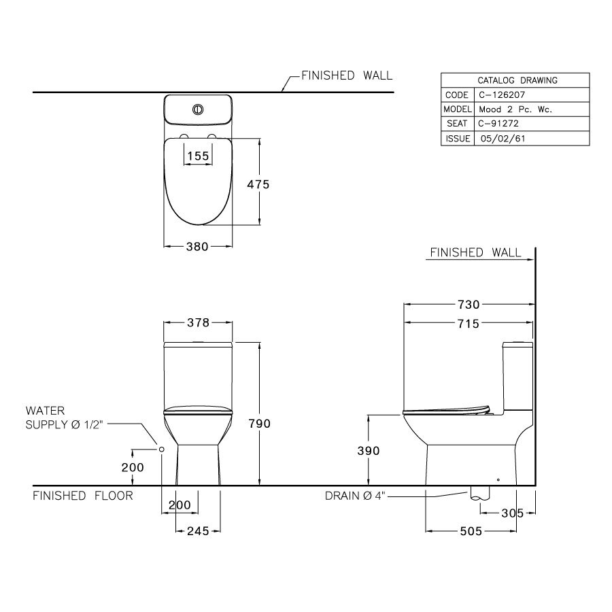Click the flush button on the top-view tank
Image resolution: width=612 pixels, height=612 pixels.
(199, 109)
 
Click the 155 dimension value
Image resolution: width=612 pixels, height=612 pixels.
(197, 156)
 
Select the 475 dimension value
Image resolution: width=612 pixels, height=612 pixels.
(258, 184)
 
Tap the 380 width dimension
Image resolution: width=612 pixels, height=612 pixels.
(197, 247)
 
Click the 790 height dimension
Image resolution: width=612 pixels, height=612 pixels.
(259, 423)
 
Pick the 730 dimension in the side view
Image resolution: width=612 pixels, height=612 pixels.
(469, 304)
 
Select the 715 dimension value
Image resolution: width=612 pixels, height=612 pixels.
(469, 324)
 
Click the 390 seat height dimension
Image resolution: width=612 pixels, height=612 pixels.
(367, 450)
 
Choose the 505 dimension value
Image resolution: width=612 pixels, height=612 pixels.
(469, 531)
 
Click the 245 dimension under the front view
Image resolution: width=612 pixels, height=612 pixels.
(197, 531)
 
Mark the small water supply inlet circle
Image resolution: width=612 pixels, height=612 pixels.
(162, 449)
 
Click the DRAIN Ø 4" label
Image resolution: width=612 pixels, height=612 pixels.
(355, 496)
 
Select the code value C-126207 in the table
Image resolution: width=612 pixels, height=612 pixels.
(503, 95)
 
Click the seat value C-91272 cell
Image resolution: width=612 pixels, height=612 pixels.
(500, 124)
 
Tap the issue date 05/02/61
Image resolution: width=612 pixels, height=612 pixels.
(503, 138)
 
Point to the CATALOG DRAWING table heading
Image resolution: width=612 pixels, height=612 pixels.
(515, 80)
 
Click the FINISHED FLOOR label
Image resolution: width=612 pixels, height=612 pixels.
(83, 496)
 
